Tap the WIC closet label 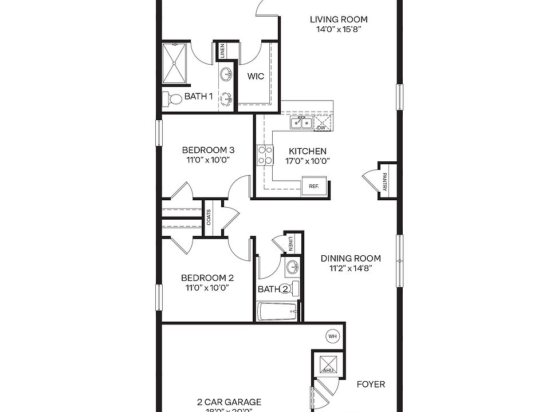(256, 76)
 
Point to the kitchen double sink (300, 122)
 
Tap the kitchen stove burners (265, 155)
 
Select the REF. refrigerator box (314, 186)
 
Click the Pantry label (385, 181)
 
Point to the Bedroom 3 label (208, 150)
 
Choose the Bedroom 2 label (207, 278)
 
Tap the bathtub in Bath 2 (277, 312)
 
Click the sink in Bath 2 (292, 267)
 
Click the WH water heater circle (332, 336)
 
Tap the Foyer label (371, 384)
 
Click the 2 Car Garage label (229, 402)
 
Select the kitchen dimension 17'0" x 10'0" (307, 160)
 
